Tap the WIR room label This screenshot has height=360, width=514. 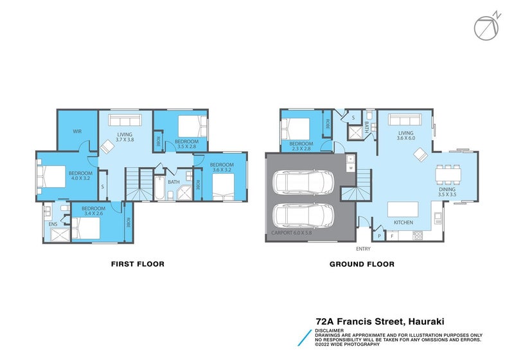point(77,131)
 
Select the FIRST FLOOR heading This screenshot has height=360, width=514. point(137,264)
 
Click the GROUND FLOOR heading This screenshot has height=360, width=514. point(362,264)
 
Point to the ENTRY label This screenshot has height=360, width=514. point(363,248)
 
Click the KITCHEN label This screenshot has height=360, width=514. point(403,222)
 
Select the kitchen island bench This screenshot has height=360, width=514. point(403,209)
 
